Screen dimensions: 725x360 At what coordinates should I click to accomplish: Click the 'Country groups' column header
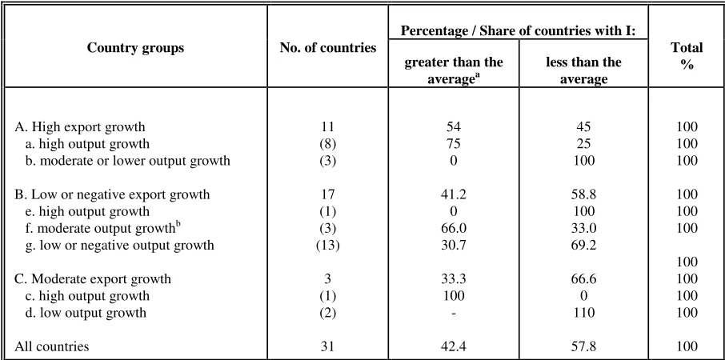[135, 47]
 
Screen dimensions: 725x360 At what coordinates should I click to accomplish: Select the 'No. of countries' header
[328, 47]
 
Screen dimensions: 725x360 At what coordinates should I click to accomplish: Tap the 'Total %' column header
[687, 56]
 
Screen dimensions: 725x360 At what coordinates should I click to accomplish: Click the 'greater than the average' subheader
[454, 70]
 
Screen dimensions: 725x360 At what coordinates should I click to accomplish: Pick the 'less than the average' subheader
[583, 70]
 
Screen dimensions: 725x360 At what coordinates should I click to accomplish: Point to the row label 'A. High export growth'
[80, 127]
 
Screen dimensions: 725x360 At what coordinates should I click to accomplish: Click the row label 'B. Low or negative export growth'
[112, 194]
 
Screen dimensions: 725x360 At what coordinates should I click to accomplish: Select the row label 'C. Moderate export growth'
[93, 279]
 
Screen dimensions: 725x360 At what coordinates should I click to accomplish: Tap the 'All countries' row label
[52, 346]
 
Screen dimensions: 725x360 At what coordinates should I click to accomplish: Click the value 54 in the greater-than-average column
[454, 127]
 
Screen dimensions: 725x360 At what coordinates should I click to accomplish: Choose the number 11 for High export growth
[328, 127]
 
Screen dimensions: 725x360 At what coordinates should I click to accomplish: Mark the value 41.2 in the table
[454, 194]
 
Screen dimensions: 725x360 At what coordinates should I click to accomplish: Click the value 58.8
[583, 194]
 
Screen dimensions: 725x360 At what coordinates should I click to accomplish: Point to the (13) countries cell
[328, 245]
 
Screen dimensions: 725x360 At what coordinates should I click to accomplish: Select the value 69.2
[583, 245]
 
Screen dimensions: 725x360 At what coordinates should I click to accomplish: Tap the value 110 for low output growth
[583, 313]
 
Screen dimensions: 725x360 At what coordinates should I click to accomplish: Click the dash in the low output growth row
[454, 314]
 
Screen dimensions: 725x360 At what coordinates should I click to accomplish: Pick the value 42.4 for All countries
[454, 346]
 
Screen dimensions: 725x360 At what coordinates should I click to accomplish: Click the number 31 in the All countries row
[328, 346]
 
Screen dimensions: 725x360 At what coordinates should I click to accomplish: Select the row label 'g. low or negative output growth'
[120, 245]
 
